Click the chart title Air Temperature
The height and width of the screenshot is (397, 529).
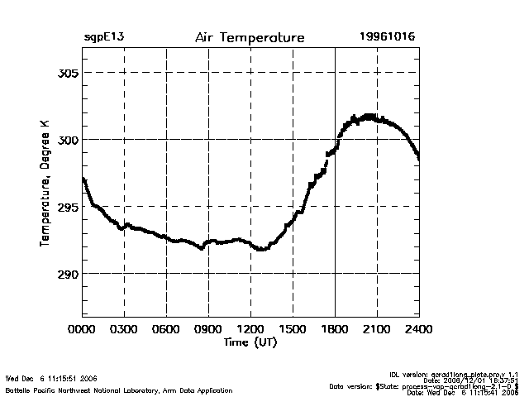pyautogui.click(x=250, y=38)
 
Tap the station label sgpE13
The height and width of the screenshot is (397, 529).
pyautogui.click(x=103, y=37)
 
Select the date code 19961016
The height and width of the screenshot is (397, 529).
pyautogui.click(x=387, y=37)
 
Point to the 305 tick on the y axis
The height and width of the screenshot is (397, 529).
pyautogui.click(x=68, y=73)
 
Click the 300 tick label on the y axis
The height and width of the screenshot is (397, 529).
pyautogui.click(x=68, y=140)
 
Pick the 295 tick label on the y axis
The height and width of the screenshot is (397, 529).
pyautogui.click(x=68, y=207)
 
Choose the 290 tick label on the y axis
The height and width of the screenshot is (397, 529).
pyautogui.click(x=68, y=274)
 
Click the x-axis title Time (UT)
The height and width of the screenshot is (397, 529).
pyautogui.click(x=250, y=342)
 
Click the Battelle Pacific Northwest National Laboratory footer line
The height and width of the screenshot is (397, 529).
pyautogui.click(x=119, y=390)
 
